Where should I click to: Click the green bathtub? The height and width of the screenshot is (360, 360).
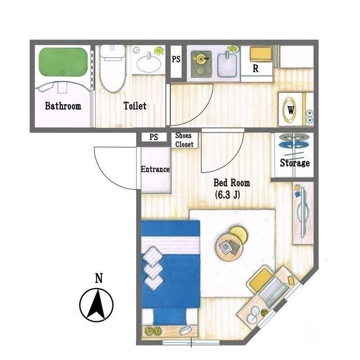coord(63,61)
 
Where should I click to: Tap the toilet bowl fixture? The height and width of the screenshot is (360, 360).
coord(112,68)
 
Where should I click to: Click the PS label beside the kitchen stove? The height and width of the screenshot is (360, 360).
coord(176,59)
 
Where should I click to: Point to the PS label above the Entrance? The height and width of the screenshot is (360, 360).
coord(154,137)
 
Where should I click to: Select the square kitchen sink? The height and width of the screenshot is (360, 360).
coord(227,65)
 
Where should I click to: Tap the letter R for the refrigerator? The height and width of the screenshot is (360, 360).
coord(255,69)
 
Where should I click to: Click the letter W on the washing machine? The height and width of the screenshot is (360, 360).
coord(291,110)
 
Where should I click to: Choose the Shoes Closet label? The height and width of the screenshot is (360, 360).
coord(184,140)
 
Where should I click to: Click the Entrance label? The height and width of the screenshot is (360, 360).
coord(155,169)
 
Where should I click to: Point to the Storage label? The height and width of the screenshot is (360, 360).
coord(295,163)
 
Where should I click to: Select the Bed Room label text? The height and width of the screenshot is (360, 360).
coord(232,183)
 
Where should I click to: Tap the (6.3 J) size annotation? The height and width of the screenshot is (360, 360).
coord(227,195)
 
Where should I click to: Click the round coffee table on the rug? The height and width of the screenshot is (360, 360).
coord(229,247)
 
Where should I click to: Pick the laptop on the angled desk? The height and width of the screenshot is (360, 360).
coord(274,292)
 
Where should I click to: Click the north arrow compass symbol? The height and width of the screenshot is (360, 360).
coord(96,305)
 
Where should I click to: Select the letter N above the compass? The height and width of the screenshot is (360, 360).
coord(99,278)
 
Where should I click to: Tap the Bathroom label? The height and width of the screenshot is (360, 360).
coord(63,106)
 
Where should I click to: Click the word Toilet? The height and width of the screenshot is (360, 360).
coord(135,106)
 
